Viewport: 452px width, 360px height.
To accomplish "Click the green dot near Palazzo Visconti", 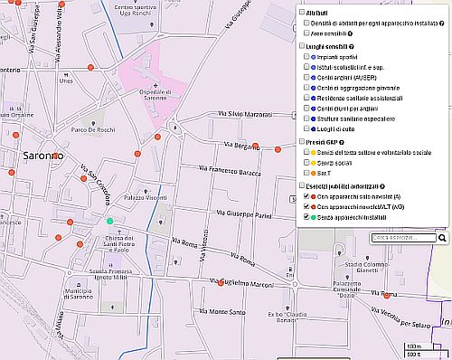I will [110, 221].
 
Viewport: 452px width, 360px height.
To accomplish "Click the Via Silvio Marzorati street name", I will [244, 115].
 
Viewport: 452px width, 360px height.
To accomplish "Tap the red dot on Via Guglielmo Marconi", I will [221, 282].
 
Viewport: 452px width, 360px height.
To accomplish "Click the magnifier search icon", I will [443, 238].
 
